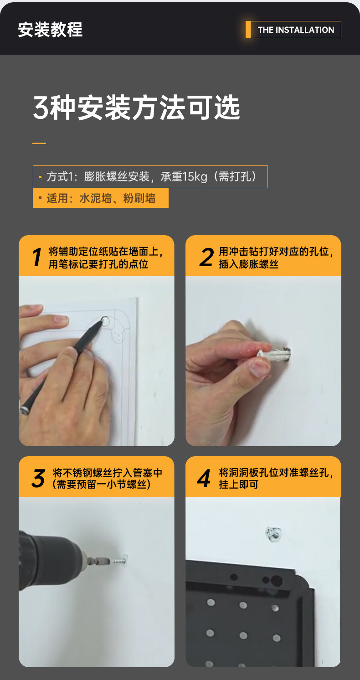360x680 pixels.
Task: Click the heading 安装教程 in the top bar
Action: (50, 30)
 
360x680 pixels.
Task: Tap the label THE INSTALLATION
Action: (296, 30)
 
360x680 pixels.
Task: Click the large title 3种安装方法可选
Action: (137, 107)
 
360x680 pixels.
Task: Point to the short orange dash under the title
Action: (39, 143)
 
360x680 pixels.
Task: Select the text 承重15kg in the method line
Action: (184, 176)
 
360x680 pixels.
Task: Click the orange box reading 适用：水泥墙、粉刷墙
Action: (100, 198)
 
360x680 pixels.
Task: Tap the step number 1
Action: (37, 257)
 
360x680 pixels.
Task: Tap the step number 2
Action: (206, 257)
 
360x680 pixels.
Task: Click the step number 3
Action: (39, 478)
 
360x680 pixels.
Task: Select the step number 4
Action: (204, 478)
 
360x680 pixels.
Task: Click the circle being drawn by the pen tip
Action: (105, 321)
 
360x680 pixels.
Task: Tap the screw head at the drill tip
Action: (124, 558)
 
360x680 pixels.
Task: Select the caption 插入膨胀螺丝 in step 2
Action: (249, 264)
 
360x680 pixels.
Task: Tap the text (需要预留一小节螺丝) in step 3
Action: (101, 484)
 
